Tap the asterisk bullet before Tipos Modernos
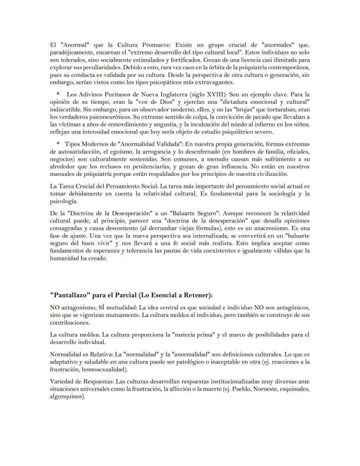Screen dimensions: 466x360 pyautogui.click(x=58, y=144)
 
